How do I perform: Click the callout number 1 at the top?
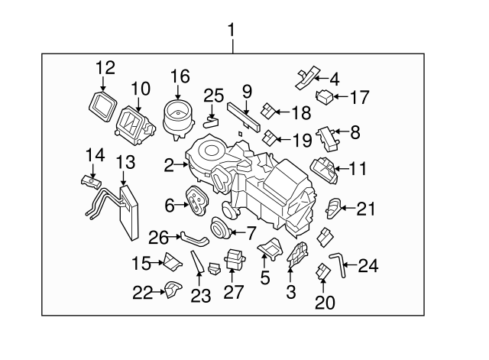tap(232, 31)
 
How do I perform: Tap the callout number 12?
tap(105, 67)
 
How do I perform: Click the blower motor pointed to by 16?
tap(176, 117)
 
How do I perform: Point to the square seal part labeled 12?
tap(100, 104)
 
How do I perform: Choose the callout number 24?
tap(368, 266)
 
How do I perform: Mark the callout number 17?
tap(359, 97)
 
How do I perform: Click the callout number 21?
tap(368, 208)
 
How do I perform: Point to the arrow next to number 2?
tap(181, 163)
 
